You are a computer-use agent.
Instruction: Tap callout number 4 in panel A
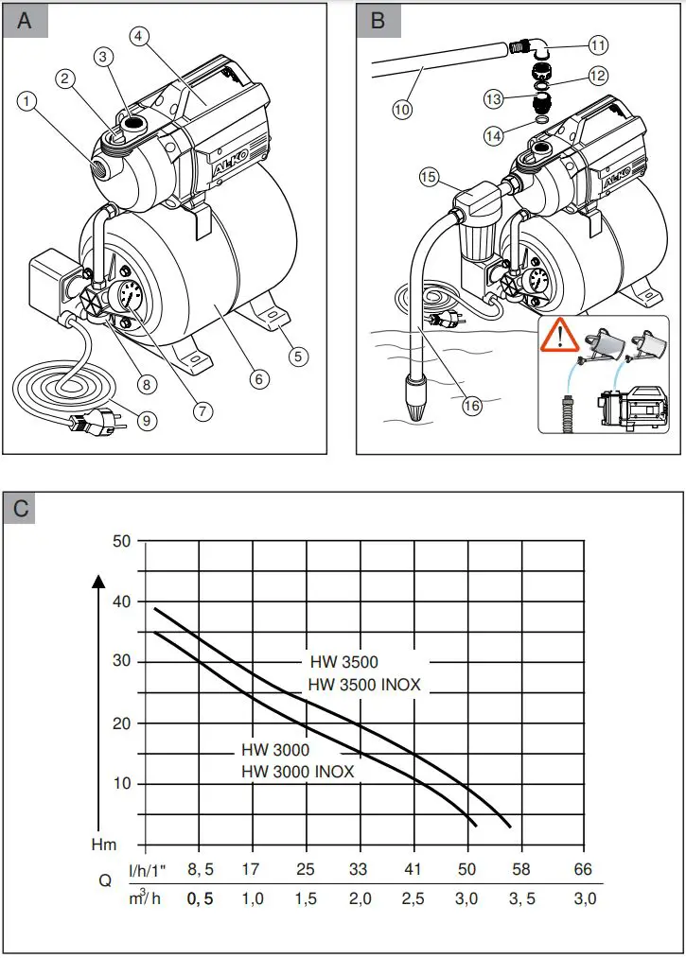click(x=139, y=37)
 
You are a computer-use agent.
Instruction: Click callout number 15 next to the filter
click(x=428, y=176)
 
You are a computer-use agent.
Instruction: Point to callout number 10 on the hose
click(x=402, y=110)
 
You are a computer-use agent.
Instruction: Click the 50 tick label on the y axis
click(x=121, y=542)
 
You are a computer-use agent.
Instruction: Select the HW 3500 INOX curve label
click(x=364, y=684)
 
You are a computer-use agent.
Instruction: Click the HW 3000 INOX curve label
click(x=297, y=772)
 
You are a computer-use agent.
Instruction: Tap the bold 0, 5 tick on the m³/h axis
click(x=199, y=899)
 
